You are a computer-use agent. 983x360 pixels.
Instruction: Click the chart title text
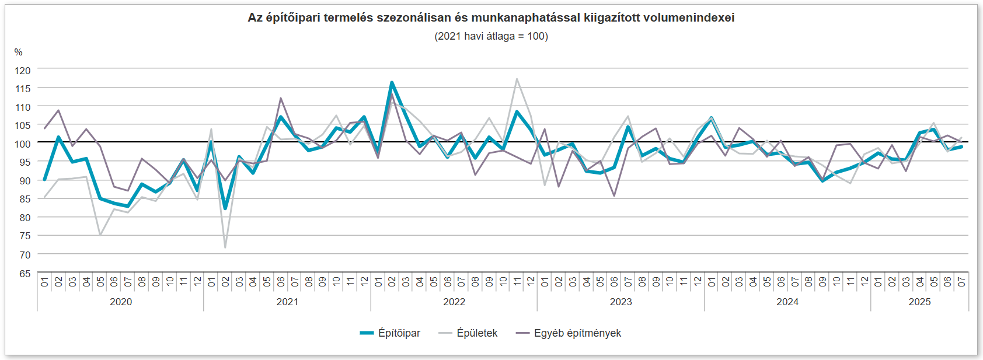click(491, 18)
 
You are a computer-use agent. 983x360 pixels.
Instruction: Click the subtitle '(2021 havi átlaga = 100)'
click(491, 36)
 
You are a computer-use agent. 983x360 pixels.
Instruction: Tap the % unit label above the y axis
click(19, 53)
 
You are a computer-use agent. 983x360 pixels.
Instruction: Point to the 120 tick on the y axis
click(23, 71)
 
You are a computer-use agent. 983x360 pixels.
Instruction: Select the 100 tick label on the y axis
click(23, 144)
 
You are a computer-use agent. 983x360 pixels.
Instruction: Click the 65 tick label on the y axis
click(25, 274)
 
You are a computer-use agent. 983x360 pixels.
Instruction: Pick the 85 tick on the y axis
click(25, 200)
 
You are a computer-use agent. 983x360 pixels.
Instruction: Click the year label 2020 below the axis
click(121, 302)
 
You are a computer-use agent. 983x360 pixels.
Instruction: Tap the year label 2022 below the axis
click(454, 302)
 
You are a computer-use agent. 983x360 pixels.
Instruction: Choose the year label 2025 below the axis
click(919, 302)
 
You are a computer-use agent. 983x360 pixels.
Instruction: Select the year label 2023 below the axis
click(621, 302)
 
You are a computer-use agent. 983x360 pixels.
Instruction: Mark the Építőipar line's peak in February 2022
click(392, 82)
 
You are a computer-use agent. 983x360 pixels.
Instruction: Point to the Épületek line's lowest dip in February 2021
click(225, 247)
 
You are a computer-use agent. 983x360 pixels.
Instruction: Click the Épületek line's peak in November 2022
click(517, 79)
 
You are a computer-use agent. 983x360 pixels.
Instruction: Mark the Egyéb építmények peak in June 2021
click(281, 98)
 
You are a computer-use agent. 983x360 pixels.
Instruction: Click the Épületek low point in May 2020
click(100, 235)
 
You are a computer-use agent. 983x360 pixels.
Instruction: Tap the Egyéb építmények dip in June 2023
click(614, 195)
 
